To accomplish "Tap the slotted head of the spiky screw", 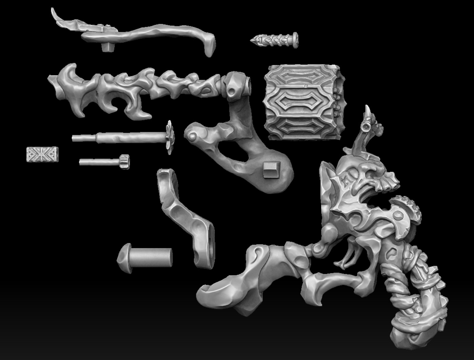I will coord(295,40).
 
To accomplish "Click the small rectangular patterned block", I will coord(42,154).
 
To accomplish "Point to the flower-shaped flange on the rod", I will coord(169,137).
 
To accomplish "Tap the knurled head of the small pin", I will coord(124,162).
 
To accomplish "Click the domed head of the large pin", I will coord(124,258).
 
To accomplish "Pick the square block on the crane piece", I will coord(271,169).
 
